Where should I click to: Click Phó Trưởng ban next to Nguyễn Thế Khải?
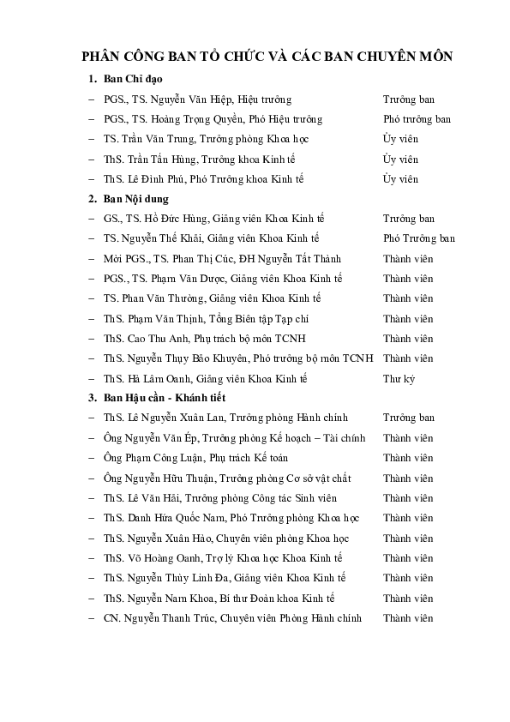pyautogui.click(x=418, y=238)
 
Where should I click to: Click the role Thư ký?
pyautogui.click(x=399, y=378)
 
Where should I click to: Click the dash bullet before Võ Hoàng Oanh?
pyautogui.click(x=91, y=558)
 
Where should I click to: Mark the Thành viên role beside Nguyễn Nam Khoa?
pyautogui.click(x=407, y=598)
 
